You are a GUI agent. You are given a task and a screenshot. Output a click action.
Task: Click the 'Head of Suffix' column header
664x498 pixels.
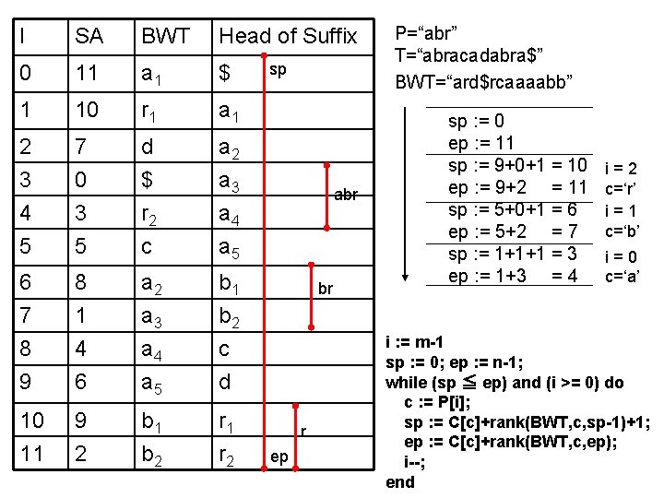287,36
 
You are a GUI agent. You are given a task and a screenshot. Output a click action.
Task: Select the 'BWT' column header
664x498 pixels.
165,36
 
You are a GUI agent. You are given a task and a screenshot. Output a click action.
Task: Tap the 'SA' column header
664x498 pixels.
89,36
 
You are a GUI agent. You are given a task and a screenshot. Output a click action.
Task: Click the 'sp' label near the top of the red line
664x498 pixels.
277,69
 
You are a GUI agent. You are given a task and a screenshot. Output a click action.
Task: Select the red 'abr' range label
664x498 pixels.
346,195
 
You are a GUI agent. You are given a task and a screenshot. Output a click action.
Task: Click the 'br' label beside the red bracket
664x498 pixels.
326,289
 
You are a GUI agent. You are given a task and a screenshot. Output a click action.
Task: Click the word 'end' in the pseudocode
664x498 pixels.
400,482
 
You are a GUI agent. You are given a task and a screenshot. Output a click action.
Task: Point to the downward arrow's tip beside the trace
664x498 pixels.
407,279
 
